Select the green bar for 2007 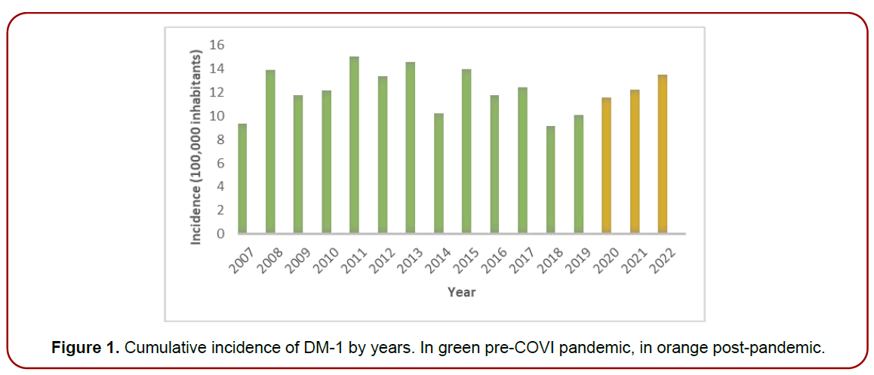point(242,178)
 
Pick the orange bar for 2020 point(606,165)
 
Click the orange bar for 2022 point(662,154)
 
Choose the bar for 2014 point(439,173)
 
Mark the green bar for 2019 point(578,174)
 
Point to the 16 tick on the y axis point(217,45)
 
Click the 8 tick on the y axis point(220,140)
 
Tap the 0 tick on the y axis point(220,234)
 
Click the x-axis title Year point(461,291)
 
